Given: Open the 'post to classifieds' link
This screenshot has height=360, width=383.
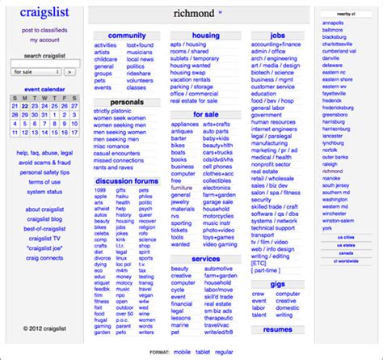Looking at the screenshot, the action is (x=44, y=30).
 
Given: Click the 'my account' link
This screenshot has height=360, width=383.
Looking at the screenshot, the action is (x=44, y=40).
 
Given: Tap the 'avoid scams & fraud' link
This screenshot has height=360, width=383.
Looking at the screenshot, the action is (x=44, y=163).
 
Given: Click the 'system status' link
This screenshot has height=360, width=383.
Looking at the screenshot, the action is (x=44, y=192).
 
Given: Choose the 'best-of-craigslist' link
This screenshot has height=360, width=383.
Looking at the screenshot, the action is (x=44, y=229).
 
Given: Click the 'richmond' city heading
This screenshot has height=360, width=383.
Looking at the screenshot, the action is (x=194, y=13).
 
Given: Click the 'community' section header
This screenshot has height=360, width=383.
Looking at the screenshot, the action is (x=126, y=36).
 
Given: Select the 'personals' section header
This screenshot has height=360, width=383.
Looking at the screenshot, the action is (x=126, y=102).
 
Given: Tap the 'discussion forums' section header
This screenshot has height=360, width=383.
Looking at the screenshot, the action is (x=126, y=180).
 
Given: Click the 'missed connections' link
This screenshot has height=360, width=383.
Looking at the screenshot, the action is (x=118, y=160).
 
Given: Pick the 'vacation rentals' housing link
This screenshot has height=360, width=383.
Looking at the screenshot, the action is (x=190, y=80).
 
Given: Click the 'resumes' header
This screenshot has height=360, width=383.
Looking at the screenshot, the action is (x=278, y=330).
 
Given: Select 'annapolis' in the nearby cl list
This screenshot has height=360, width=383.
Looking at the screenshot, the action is (x=333, y=23).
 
